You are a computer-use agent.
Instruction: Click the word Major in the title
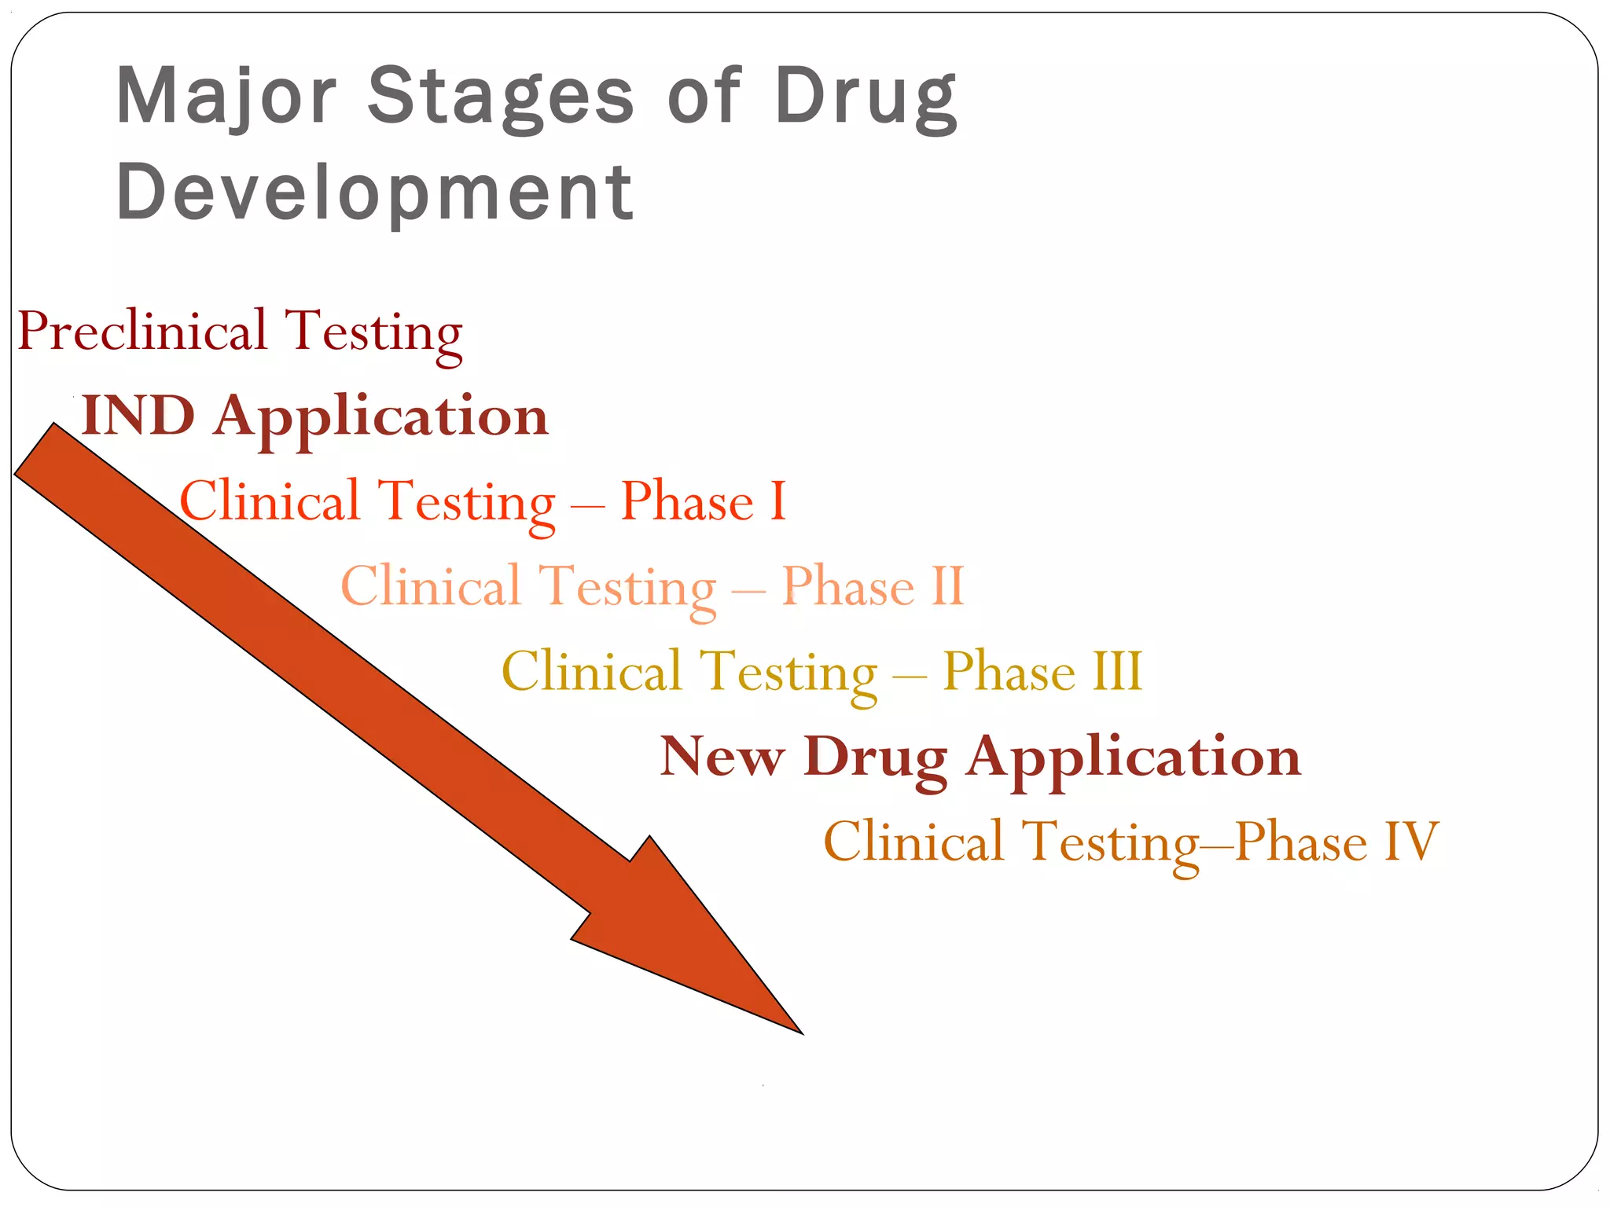click(x=226, y=96)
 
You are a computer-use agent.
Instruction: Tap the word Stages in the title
click(x=500, y=96)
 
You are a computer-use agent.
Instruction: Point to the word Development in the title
click(x=374, y=192)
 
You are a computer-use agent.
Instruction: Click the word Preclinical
click(x=142, y=331)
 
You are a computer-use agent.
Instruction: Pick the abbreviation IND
click(x=138, y=415)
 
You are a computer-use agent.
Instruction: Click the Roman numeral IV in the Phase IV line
click(x=1410, y=842)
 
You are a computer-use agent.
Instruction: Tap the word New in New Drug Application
click(x=722, y=757)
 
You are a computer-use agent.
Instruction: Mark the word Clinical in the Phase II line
click(x=431, y=585)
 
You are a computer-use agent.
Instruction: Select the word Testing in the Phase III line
click(x=788, y=673)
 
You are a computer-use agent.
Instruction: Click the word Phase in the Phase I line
click(x=687, y=501)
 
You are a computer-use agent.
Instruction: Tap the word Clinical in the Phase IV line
click(x=914, y=842)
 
